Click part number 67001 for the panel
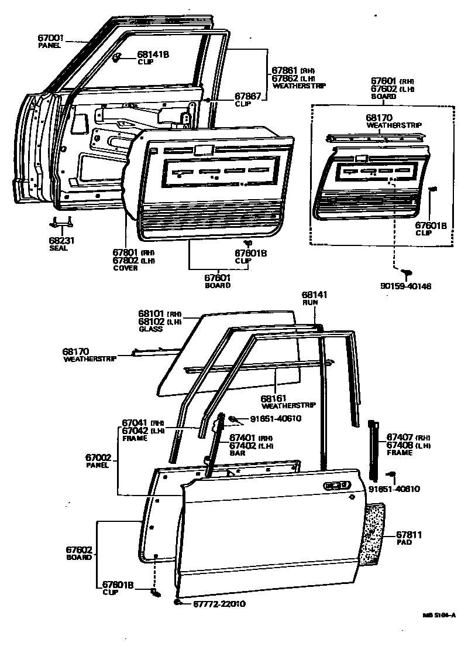pos(50,37)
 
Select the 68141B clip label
pos(153,54)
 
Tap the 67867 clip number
pos(247,96)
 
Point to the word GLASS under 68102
pos(150,329)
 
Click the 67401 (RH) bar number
pos(242,437)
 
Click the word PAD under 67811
pos(404,542)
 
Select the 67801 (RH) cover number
pos(126,253)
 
